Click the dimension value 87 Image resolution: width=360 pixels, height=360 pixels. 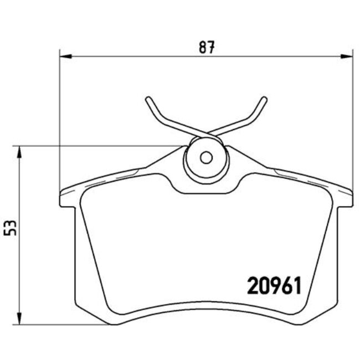[x=207, y=48]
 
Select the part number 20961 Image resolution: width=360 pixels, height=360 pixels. [x=272, y=286]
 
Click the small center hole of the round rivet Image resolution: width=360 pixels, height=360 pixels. [x=206, y=157]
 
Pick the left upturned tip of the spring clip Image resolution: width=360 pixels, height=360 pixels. [x=147, y=100]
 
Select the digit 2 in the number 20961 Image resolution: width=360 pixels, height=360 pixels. [x=251, y=286]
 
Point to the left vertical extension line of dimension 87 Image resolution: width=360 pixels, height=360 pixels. [x=59, y=122]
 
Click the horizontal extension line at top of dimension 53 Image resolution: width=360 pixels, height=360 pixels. [x=100, y=146]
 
